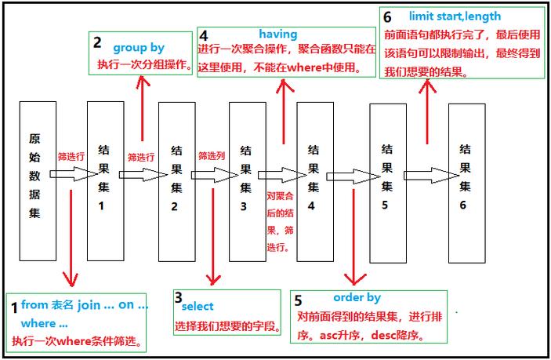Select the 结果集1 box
pyautogui.click(x=104, y=180)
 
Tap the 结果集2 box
pyautogui.click(x=176, y=180)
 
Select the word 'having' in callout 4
pyautogui.click(x=278, y=34)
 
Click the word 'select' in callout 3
pyautogui.click(x=198, y=307)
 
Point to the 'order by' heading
pyautogui.click(x=357, y=298)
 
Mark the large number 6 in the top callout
pyautogui.click(x=388, y=16)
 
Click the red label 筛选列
pyautogui.click(x=212, y=156)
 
